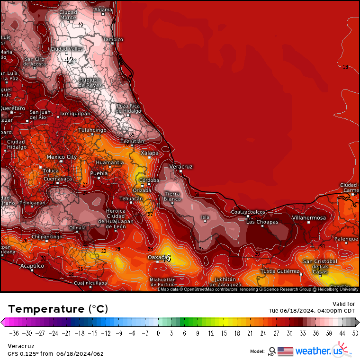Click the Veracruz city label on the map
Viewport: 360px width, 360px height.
[181, 167]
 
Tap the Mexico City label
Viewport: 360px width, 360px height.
[62, 157]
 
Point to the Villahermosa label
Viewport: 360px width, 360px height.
[309, 218]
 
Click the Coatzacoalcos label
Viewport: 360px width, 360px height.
[248, 212]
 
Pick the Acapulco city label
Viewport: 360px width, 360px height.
[32, 266]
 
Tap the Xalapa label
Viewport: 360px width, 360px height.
[150, 153]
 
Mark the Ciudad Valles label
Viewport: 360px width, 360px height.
[67, 48]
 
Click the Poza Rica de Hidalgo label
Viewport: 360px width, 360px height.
[129, 108]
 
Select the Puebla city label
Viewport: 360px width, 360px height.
[99, 173]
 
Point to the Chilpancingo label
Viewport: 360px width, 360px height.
[47, 236]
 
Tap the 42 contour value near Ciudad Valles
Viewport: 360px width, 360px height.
[69, 60]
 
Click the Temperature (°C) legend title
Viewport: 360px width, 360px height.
[58, 309]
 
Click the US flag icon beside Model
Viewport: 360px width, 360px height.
[285, 351]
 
